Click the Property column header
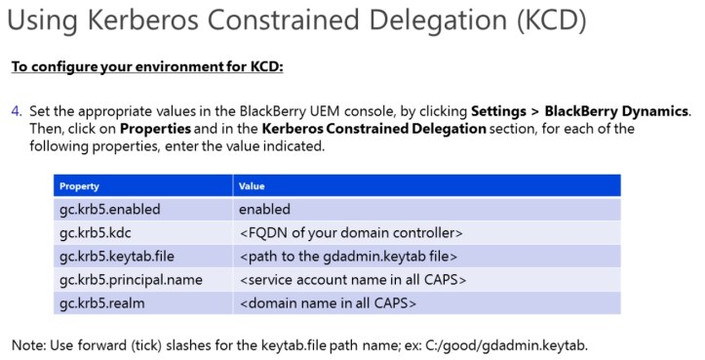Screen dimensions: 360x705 click(x=79, y=185)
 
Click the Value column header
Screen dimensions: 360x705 click(x=252, y=185)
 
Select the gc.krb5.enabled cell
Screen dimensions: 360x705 click(x=108, y=209)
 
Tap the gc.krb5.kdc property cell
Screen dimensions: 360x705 click(x=95, y=233)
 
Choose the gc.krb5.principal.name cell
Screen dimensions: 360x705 click(x=130, y=280)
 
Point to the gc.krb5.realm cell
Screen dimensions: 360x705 click(x=100, y=303)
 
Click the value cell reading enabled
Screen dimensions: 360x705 click(x=264, y=209)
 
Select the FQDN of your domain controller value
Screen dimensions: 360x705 click(x=350, y=233)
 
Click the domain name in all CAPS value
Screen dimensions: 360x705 click(x=328, y=303)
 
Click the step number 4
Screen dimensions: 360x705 click(x=16, y=111)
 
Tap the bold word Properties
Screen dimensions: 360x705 click(x=154, y=129)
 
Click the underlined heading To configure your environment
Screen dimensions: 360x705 click(x=146, y=67)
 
